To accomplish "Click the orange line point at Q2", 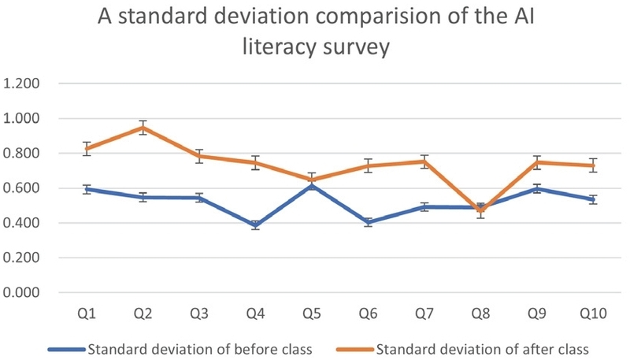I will tap(143, 128).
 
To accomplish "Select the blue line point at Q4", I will tap(255, 226).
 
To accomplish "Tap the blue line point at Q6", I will tap(368, 222).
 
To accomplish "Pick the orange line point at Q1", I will tap(87, 149).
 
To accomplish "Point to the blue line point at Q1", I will tap(87, 189).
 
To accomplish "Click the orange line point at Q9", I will tap(536, 162).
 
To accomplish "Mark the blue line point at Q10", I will tap(592, 199).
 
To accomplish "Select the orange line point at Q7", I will tap(424, 161).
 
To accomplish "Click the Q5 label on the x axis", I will tap(312, 314).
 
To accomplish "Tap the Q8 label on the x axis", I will tap(480, 314).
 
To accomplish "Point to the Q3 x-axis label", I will tap(199, 314).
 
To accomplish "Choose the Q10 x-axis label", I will tap(592, 314).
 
